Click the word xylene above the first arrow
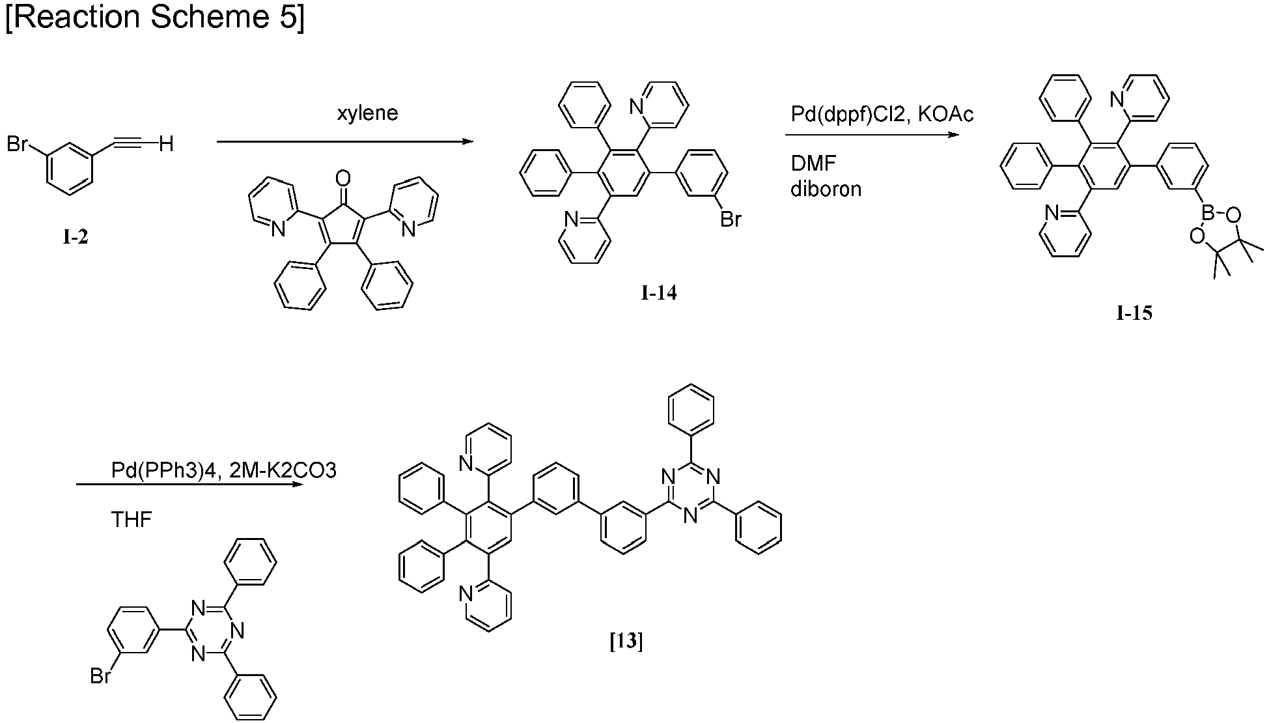click(367, 113)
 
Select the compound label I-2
click(76, 238)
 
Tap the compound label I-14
click(659, 293)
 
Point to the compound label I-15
click(1134, 314)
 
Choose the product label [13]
click(626, 642)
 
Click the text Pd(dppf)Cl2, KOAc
click(882, 115)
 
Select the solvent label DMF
click(813, 163)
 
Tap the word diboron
click(826, 189)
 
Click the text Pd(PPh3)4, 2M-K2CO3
click(223, 470)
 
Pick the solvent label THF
click(132, 520)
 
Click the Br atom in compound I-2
click(18, 143)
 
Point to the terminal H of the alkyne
click(167, 143)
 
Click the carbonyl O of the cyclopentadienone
click(343, 178)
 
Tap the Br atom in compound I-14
click(731, 220)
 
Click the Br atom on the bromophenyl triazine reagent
click(101, 677)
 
